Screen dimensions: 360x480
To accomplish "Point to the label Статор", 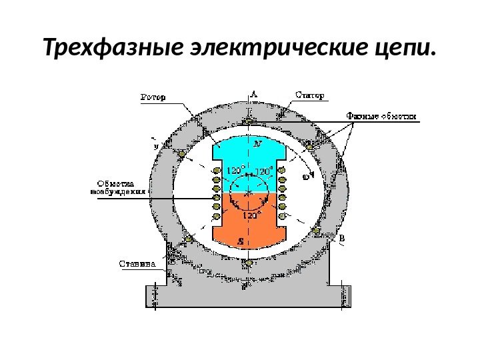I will pyautogui.click(x=311, y=95).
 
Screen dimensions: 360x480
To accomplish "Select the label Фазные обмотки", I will pyautogui.click(x=381, y=116).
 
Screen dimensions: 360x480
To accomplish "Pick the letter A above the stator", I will pyautogui.click(x=254, y=94).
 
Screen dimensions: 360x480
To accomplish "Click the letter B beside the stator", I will pyautogui.click(x=341, y=238).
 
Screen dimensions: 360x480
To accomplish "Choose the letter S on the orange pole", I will pyautogui.click(x=241, y=241).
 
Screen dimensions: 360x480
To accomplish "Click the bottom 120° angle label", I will pyautogui.click(x=249, y=216).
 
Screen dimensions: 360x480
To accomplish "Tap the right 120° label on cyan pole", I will pyautogui.click(x=265, y=171).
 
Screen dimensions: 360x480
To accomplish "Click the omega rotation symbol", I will pyautogui.click(x=306, y=177).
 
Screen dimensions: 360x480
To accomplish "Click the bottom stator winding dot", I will pyautogui.click(x=249, y=263).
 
